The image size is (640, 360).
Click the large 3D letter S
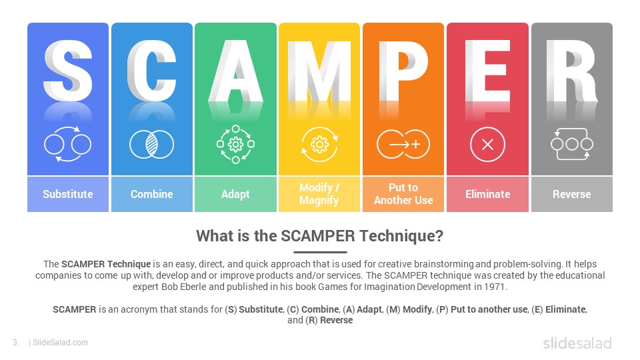pyautogui.click(x=68, y=70)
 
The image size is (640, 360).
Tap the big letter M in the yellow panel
pyautogui.click(x=319, y=70)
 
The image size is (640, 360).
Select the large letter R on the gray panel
pyautogui.click(x=571, y=70)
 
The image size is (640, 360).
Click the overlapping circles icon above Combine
pyautogui.click(x=151, y=143)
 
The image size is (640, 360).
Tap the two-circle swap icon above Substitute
pyautogui.click(x=67, y=143)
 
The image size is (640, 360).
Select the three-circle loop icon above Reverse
pyautogui.click(x=571, y=143)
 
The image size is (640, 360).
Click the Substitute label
pyautogui.click(x=68, y=194)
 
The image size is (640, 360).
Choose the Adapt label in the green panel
pyautogui.click(x=235, y=194)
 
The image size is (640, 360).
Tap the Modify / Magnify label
pyautogui.click(x=319, y=194)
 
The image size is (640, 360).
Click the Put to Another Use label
pyautogui.click(x=403, y=194)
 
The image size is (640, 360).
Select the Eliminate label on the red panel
pyautogui.click(x=487, y=194)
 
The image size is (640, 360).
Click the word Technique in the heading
pyautogui.click(x=406, y=236)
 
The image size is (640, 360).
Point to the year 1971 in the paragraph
pyautogui.click(x=497, y=287)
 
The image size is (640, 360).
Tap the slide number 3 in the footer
pyautogui.click(x=15, y=343)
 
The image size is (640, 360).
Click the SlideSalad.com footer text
pyautogui.click(x=60, y=343)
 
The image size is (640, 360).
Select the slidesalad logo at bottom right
pyautogui.click(x=577, y=343)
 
